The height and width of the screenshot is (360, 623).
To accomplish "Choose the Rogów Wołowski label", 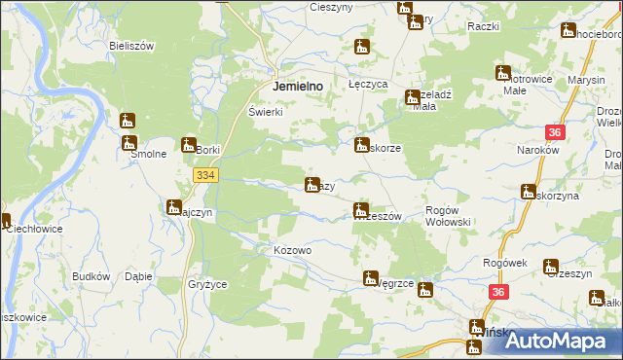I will pos(449,216).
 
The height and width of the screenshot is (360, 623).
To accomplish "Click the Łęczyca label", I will pos(369,86).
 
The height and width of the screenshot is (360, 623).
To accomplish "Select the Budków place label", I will pos(91,276).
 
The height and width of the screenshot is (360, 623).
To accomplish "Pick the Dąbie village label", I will pos(138,276).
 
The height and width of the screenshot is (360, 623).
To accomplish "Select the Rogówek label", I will pos(504,264).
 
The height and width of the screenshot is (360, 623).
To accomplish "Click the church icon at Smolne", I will pos(128,122).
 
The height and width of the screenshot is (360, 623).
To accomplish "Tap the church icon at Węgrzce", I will pos(370,277).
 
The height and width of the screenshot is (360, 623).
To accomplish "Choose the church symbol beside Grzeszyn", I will pos(551,266).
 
